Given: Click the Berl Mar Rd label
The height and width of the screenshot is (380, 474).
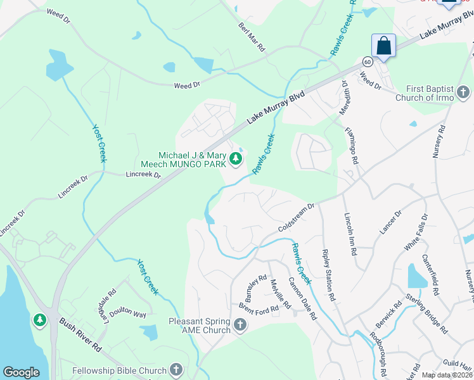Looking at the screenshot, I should [x=252, y=37].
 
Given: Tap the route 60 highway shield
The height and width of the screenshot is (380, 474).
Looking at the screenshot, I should [x=368, y=61].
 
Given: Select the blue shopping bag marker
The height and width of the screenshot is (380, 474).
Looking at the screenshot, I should [x=383, y=46].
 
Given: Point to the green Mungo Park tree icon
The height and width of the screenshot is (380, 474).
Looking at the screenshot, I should [x=236, y=158].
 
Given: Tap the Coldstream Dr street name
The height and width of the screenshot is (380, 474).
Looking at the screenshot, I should [x=295, y=217].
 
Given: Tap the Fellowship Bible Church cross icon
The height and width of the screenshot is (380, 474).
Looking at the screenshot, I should [x=176, y=370].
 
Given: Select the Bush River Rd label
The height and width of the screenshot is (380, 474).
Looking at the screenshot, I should [x=80, y=336].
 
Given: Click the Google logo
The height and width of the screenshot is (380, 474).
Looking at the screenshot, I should [x=21, y=372].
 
